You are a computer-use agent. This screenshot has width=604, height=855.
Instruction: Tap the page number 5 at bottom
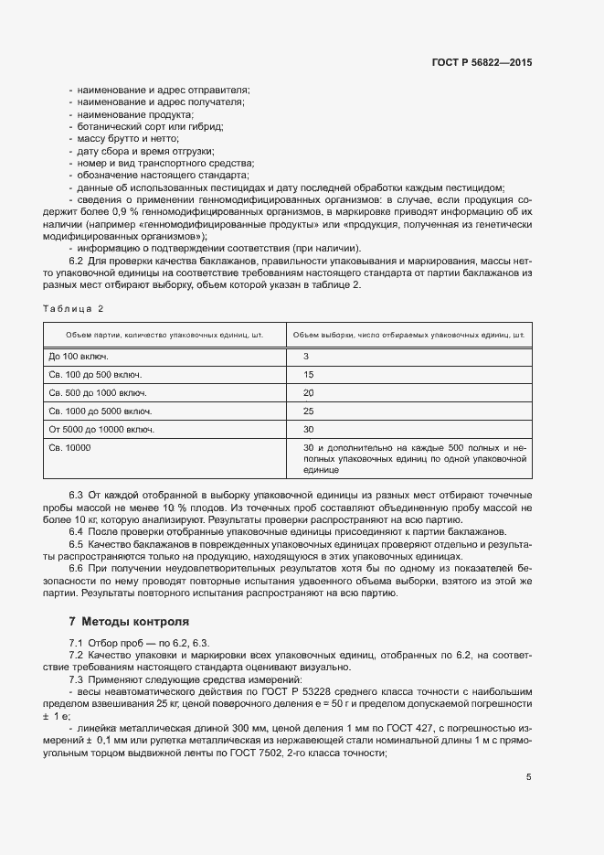tap(528, 777)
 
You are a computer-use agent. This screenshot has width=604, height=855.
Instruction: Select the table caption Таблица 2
tap(74, 308)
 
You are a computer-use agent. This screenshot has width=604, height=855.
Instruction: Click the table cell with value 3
tap(307, 356)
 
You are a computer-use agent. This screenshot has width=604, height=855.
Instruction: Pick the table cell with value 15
tap(309, 374)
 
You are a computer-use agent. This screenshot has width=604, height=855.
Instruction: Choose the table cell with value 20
tap(309, 392)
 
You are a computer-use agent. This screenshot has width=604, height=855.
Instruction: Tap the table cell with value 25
tap(309, 411)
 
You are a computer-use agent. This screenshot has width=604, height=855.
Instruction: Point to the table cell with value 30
tap(309, 429)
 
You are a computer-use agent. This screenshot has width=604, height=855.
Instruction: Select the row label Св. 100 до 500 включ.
tap(95, 374)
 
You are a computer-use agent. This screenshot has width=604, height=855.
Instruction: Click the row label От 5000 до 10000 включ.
tap(101, 429)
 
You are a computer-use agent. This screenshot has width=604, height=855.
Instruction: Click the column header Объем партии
tap(164, 335)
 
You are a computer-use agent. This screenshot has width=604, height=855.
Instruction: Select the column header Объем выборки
tap(409, 335)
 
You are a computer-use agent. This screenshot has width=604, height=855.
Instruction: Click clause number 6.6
tap(77, 569)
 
